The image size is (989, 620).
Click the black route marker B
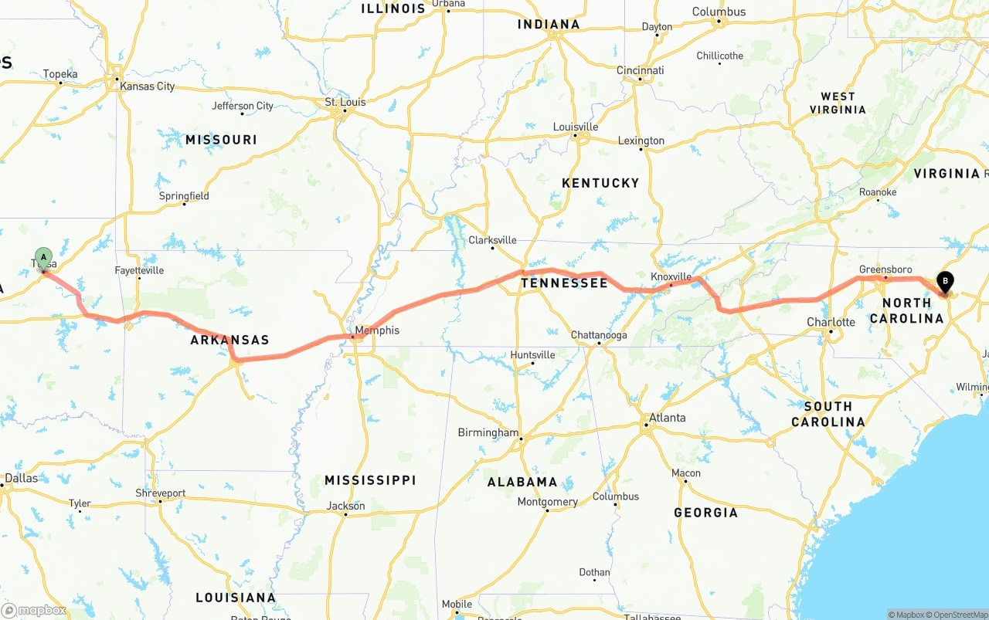944,283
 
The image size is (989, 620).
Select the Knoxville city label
671,276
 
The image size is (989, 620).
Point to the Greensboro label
885,269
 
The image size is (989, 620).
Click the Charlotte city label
831,322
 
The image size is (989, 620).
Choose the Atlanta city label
667,418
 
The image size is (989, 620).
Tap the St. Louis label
345,102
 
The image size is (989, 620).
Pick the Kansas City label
147,86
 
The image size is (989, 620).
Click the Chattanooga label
599,335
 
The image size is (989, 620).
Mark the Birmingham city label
488,432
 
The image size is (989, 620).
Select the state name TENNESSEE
564,283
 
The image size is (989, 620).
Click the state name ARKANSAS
229,340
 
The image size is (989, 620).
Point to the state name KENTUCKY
600,183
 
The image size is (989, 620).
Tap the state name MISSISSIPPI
370,480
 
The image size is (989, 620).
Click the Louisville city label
576,127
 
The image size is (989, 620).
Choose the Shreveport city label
161,493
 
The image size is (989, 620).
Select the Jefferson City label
243,106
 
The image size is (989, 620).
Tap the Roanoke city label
878,192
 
